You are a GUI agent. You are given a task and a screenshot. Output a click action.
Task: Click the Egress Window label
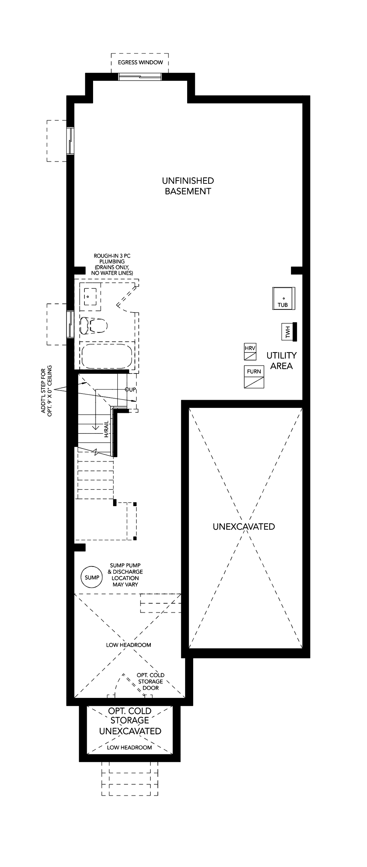pos(140,62)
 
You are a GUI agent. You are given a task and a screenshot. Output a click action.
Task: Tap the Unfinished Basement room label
pos(188,186)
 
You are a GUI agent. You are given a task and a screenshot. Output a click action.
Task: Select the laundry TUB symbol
pos(284,298)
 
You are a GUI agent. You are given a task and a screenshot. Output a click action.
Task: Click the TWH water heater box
pos(289,332)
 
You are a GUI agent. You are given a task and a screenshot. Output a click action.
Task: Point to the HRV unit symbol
pos(250,352)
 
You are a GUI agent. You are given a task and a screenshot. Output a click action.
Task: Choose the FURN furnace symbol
pos(254,376)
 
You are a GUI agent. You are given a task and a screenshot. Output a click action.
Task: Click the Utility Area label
pos(282,360)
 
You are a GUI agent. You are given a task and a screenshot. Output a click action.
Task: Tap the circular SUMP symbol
pos(91,578)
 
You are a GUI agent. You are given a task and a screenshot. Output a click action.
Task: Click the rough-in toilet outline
pos(94,325)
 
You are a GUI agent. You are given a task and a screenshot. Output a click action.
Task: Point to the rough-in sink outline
pos(90,296)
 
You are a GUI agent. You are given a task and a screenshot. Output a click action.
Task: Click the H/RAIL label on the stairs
pos(106,429)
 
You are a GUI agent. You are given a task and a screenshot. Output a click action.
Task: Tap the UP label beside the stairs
pos(131,389)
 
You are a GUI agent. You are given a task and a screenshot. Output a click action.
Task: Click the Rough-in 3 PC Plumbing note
pos(112,264)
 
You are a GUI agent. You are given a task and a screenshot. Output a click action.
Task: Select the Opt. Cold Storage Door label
pos(150,682)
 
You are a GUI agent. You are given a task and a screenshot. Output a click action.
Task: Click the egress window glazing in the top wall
pos(140,77)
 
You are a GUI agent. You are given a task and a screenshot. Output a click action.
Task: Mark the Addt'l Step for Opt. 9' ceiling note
pos(47,391)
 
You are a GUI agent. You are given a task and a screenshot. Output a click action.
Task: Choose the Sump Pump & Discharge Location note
pos(125,575)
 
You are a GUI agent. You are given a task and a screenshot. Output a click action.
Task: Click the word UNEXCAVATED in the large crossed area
pos(244,527)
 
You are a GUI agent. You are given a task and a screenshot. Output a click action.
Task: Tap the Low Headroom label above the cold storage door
pos(129,645)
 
